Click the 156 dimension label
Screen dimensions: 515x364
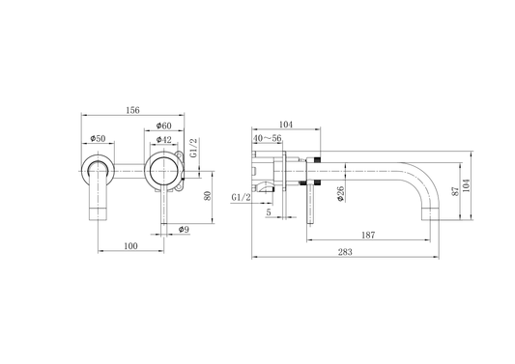tap(132, 110)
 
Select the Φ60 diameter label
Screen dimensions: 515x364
tap(164, 126)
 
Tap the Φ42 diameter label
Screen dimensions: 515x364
tap(164, 140)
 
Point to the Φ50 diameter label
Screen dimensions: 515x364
tap(98, 138)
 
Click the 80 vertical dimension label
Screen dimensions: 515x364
tap(208, 196)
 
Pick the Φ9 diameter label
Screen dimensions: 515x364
tap(184, 230)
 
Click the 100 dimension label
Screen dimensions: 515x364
tap(131, 246)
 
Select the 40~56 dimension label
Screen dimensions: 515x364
tap(268, 138)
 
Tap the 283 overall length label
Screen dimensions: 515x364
tap(345, 252)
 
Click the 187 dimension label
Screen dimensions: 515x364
tap(368, 235)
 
